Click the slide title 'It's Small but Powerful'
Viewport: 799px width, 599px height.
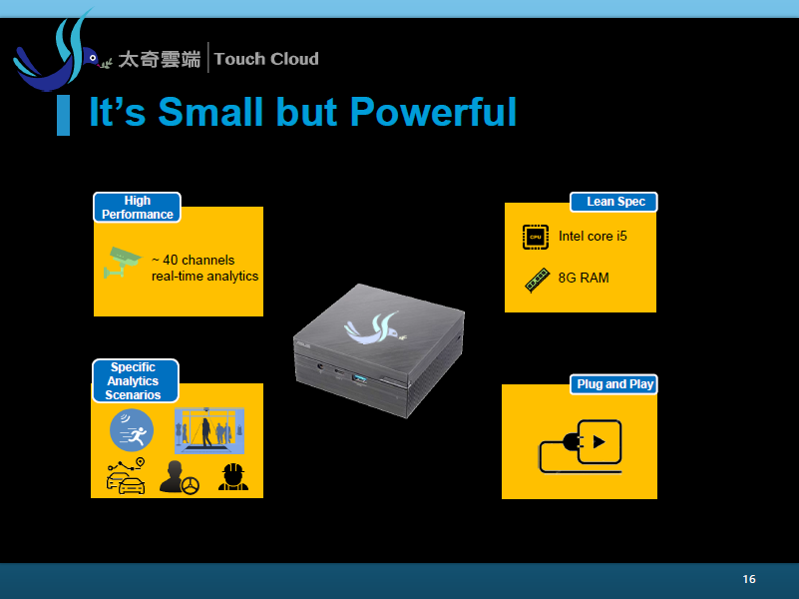click(302, 112)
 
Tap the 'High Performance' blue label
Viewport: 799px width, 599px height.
click(137, 208)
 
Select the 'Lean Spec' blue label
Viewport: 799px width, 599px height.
click(613, 202)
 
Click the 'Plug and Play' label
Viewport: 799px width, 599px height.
click(613, 384)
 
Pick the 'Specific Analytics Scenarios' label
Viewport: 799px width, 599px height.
click(135, 380)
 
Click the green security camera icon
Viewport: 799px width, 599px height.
click(123, 262)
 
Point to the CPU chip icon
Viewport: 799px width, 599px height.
click(536, 237)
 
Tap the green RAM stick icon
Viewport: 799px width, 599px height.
click(537, 280)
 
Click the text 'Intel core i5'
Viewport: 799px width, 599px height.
click(593, 236)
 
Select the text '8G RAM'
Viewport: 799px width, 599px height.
click(584, 278)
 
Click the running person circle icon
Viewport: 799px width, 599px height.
click(132, 430)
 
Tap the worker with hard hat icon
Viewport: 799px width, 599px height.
click(233, 477)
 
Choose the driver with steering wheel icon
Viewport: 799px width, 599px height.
click(179, 477)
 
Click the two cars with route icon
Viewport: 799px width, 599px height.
click(126, 476)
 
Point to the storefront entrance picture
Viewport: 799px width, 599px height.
click(209, 430)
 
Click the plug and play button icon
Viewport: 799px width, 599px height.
click(581, 446)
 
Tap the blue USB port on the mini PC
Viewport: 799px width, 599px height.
click(360, 378)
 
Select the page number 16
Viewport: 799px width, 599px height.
click(749, 579)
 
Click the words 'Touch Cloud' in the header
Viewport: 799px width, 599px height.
click(266, 59)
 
